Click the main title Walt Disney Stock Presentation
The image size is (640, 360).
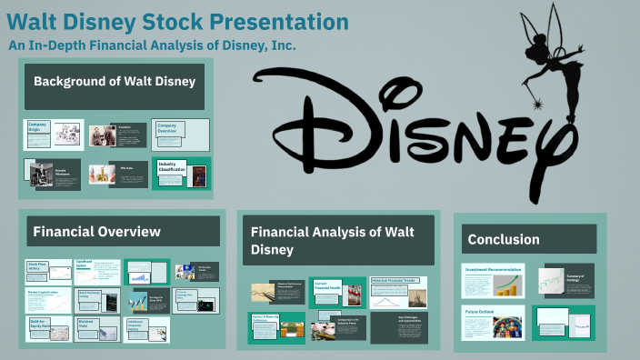(177, 21)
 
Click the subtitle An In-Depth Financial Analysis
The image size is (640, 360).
(153, 45)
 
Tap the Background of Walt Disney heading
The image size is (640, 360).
(115, 82)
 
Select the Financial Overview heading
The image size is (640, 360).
(97, 232)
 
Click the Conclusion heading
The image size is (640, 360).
(504, 240)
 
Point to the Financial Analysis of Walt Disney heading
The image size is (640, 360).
(332, 240)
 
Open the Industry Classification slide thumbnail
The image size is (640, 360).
(181, 173)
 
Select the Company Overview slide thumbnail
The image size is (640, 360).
(181, 135)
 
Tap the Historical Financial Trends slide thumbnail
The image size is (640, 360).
(398, 293)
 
